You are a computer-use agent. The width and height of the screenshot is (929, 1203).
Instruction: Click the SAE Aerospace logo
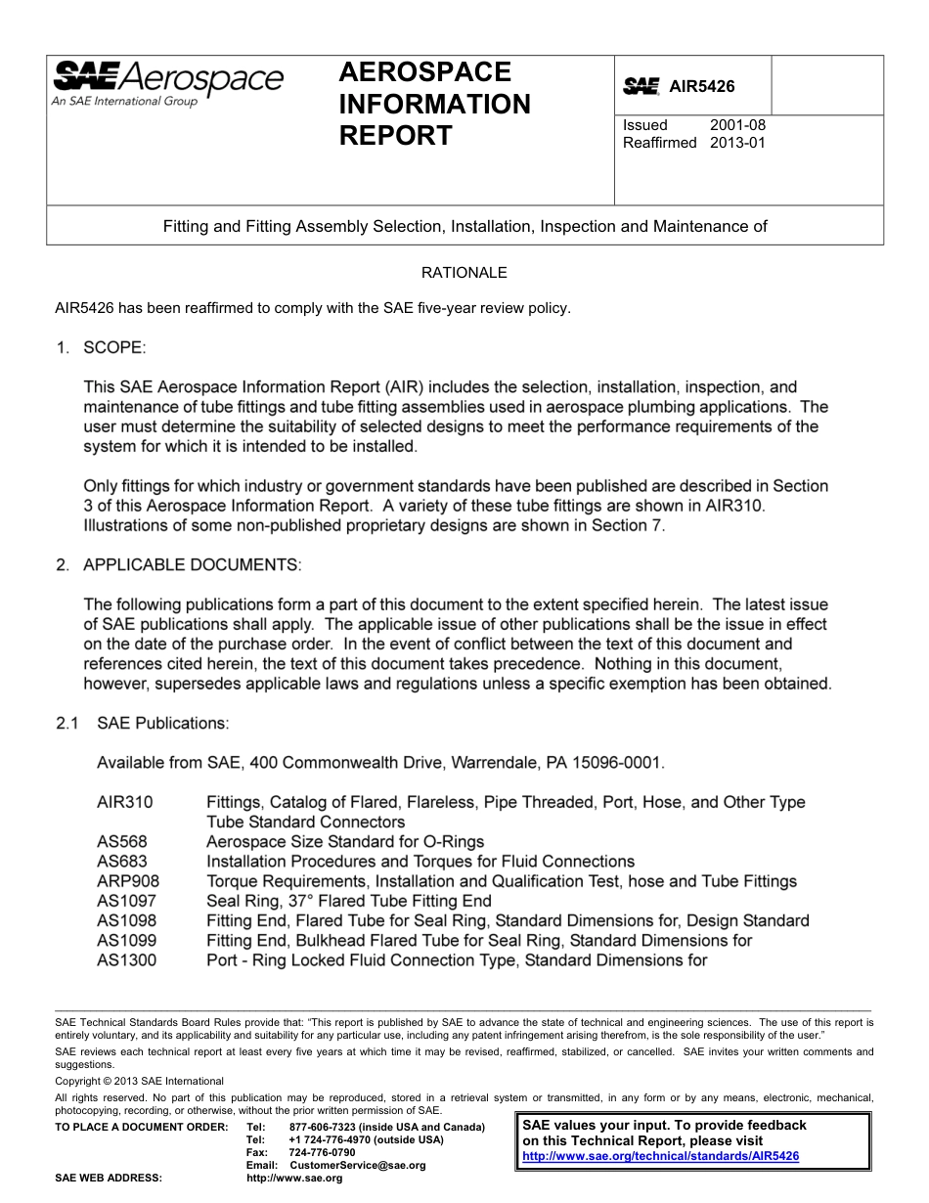167,80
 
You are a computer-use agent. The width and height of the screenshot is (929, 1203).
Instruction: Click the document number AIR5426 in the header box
701,87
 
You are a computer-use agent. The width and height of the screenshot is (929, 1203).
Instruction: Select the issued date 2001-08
737,125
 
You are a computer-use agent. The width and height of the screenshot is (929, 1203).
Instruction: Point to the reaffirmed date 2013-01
737,143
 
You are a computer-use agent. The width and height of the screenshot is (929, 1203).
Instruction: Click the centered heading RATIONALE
464,273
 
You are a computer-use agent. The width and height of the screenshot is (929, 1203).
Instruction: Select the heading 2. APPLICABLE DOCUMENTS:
179,565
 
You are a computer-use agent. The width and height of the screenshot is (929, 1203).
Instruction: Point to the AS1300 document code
126,960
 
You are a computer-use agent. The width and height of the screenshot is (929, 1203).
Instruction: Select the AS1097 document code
126,901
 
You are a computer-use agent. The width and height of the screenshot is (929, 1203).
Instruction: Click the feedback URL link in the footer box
661,1156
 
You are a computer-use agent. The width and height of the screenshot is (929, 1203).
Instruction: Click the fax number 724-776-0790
322,1153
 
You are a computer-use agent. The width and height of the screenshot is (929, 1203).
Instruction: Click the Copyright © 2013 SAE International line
140,1081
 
